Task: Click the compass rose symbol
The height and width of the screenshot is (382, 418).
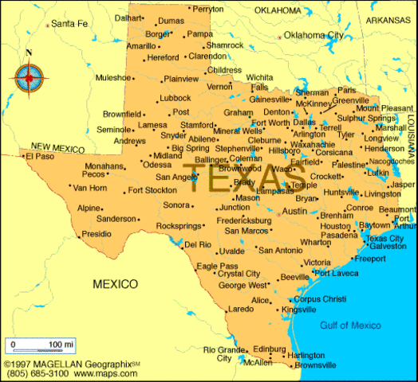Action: tap(29, 77)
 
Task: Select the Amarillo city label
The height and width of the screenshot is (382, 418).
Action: tap(141, 46)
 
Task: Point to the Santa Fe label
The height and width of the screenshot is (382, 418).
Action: tap(69, 24)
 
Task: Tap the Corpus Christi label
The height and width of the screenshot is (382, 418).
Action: tap(320, 298)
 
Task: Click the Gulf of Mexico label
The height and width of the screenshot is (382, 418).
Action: tap(350, 325)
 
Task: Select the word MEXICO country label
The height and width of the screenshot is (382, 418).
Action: tap(115, 283)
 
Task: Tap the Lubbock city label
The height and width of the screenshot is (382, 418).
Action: tap(175, 98)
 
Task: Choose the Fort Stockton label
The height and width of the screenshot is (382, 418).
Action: tap(152, 190)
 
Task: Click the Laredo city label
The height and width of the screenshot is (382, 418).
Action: tap(240, 308)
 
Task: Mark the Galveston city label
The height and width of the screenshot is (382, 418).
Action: tap(388, 247)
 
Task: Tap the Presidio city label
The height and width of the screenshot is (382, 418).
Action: tap(97, 234)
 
